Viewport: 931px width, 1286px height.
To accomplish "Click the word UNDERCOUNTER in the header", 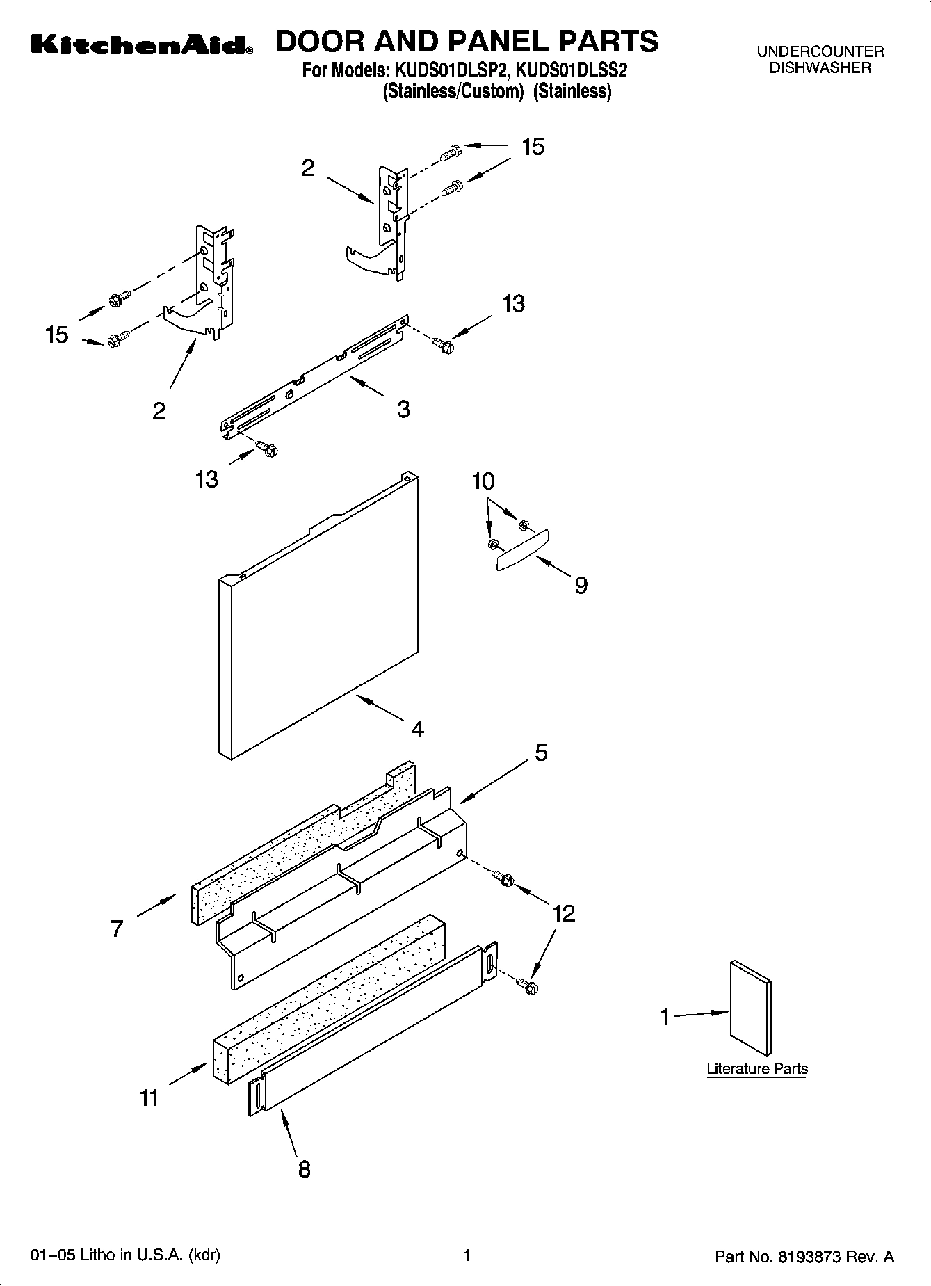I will click(x=820, y=51).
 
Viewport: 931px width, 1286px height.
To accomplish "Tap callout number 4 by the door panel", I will click(x=417, y=729).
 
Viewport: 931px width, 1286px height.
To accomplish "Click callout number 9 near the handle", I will click(x=581, y=586).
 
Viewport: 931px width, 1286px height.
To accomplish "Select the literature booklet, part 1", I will click(x=750, y=1008).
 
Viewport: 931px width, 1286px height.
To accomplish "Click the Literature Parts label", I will click(x=757, y=1069).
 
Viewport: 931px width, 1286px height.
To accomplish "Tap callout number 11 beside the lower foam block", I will click(x=149, y=1098).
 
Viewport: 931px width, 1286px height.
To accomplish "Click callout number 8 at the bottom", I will click(x=304, y=1169).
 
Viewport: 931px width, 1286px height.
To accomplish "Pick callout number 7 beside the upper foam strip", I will click(x=117, y=928).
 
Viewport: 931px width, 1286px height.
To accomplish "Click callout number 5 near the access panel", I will click(x=541, y=752).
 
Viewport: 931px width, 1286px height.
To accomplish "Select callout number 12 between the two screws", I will click(x=563, y=914).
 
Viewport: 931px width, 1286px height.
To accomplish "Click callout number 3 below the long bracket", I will click(x=403, y=409).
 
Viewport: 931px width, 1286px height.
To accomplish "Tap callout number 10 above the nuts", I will click(x=483, y=481).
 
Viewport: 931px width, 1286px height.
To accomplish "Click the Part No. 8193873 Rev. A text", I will click(x=804, y=1257).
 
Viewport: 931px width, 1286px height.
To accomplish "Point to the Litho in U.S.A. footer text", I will click(x=126, y=1256).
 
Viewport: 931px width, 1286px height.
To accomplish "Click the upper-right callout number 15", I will click(x=533, y=147).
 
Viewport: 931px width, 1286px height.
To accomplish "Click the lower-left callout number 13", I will click(x=207, y=479).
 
